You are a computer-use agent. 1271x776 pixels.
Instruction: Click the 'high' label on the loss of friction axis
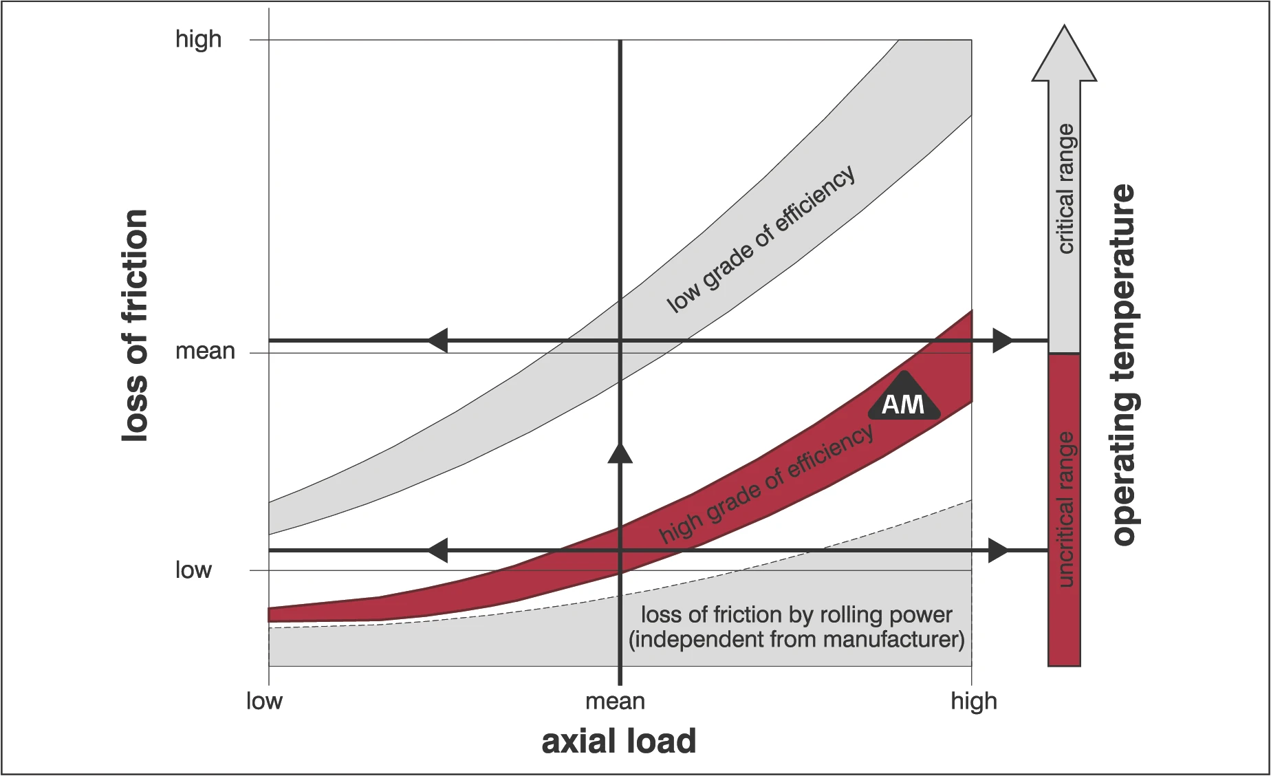[x=198, y=39]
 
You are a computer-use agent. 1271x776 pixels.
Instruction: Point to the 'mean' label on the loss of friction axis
[x=205, y=352]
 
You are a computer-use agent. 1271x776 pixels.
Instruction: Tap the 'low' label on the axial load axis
[x=264, y=701]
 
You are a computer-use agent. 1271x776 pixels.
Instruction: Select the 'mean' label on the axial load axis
[x=615, y=701]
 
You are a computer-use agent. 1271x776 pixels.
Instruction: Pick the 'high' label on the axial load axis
[x=973, y=701]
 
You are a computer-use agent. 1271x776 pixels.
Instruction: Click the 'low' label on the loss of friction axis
[x=193, y=570]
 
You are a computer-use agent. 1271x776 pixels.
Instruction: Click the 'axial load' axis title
[x=618, y=742]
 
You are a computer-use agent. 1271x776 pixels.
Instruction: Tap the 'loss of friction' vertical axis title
[x=135, y=325]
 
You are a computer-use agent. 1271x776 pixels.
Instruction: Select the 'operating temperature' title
[x=1123, y=365]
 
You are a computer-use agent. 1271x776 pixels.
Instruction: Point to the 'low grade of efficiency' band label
[x=761, y=239]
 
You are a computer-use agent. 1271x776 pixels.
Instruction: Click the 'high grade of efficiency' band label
[x=766, y=483]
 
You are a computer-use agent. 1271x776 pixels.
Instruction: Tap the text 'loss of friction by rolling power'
[x=796, y=614]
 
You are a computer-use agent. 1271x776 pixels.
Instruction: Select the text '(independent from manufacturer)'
[x=796, y=640]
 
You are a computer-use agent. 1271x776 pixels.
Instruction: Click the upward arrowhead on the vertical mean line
[x=620, y=453]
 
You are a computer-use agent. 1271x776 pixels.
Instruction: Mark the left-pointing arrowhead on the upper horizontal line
[x=437, y=341]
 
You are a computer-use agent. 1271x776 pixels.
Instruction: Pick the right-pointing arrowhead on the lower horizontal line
[x=998, y=550]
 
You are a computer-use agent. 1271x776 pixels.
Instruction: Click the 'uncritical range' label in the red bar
[x=1065, y=510]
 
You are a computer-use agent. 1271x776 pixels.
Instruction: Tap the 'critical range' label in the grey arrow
[x=1065, y=188]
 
